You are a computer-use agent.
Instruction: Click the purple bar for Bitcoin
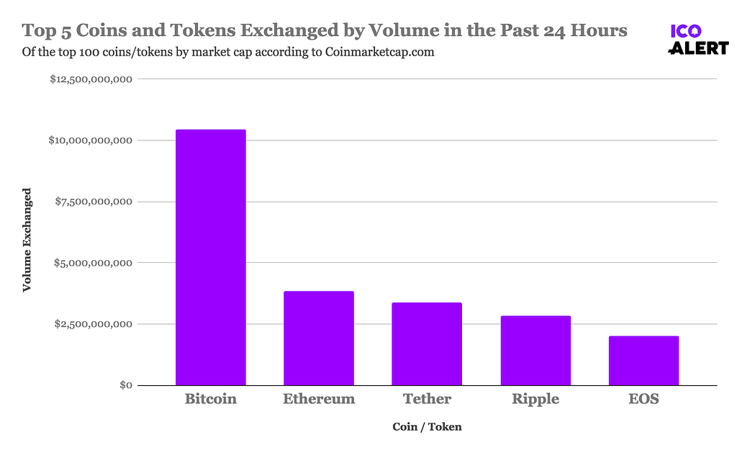click(x=211, y=257)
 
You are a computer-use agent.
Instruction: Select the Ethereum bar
click(x=319, y=338)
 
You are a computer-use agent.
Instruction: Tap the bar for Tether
click(x=427, y=344)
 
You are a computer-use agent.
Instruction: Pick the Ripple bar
click(x=535, y=350)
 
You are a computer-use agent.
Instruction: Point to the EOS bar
click(x=643, y=360)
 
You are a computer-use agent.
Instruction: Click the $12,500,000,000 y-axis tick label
click(x=90, y=79)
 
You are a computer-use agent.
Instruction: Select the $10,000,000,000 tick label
click(x=90, y=140)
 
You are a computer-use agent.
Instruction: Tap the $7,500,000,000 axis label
click(x=94, y=202)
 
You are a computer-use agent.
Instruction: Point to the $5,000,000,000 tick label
click(x=94, y=263)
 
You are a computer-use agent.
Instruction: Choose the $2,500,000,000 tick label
click(x=94, y=324)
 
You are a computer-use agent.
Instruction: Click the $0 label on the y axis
click(x=125, y=385)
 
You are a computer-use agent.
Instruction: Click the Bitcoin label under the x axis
click(x=211, y=399)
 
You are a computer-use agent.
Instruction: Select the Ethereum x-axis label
click(x=319, y=399)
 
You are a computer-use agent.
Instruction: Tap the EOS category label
click(x=643, y=399)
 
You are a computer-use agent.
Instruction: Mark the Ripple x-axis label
click(x=535, y=399)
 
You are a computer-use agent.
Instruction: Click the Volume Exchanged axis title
click(x=27, y=240)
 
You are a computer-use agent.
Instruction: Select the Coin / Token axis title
click(x=427, y=427)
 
